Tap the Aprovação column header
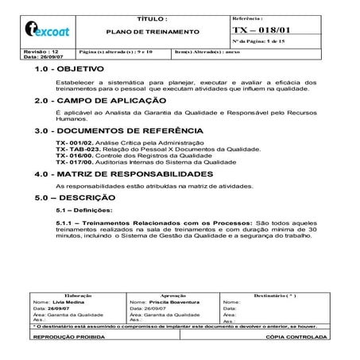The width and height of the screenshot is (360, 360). pyautogui.click(x=173, y=296)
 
